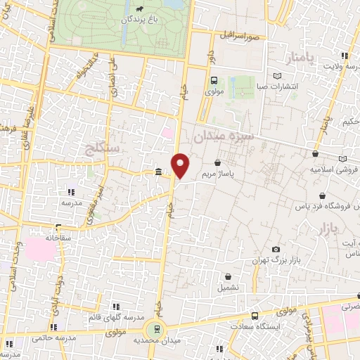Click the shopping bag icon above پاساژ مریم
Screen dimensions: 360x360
pos(226,162)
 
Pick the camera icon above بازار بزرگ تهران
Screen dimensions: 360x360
pos(276,249)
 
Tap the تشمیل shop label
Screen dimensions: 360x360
pos(228,288)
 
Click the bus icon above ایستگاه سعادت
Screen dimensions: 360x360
pos(255,316)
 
